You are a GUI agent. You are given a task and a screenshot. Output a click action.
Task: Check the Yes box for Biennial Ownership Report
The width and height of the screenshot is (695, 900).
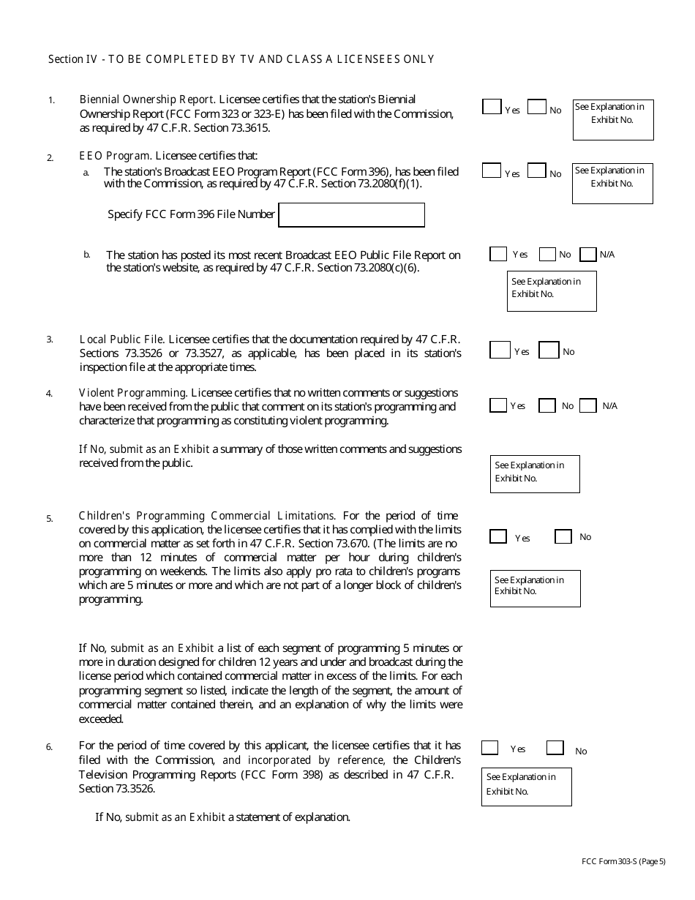coord(492,107)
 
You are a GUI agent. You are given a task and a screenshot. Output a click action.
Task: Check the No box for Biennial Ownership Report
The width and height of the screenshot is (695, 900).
coord(537,107)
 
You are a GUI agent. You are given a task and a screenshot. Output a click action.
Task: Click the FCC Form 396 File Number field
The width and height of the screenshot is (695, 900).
coord(351,215)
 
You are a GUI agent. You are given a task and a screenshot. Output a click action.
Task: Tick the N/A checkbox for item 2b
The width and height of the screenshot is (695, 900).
coord(587,255)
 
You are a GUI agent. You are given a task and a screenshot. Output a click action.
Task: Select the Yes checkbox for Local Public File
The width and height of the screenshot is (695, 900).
coord(500,350)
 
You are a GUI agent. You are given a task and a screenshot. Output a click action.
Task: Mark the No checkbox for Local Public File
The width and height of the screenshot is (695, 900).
coord(549,350)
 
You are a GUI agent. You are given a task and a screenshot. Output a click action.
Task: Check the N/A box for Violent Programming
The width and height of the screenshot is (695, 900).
coord(587,405)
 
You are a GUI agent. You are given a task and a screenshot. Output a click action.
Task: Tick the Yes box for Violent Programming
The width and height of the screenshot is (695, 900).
coord(498,405)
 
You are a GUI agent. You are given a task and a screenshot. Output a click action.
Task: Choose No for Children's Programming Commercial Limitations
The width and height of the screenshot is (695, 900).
coord(563,536)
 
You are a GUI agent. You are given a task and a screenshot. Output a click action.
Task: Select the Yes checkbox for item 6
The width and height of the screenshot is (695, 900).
coord(490,748)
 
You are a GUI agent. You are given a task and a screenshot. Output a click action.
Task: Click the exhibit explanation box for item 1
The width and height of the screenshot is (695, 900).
coord(612,120)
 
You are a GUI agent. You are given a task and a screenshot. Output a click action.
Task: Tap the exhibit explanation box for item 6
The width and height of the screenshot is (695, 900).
coord(526,787)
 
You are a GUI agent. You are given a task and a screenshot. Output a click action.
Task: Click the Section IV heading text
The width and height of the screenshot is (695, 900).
coord(241,59)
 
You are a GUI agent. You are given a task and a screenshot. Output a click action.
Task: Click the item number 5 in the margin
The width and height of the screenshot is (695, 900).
coord(50,519)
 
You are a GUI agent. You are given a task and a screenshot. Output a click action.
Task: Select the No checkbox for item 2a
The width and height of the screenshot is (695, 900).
coord(537,170)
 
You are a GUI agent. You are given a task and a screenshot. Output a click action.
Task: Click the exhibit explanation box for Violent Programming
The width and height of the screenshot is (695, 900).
coord(535,473)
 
